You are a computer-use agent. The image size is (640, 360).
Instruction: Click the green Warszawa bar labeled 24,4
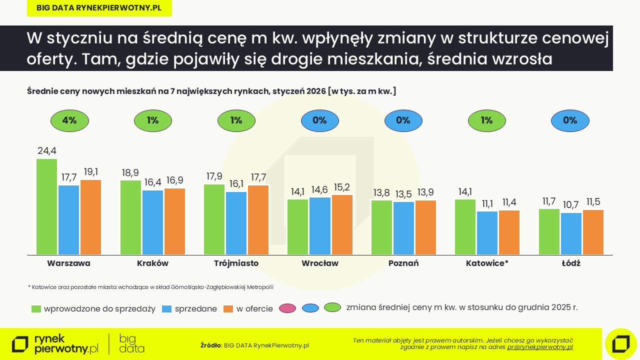(46, 207)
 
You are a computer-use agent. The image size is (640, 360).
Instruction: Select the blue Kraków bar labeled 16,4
(153, 222)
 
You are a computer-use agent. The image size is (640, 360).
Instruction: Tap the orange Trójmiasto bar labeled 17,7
(258, 220)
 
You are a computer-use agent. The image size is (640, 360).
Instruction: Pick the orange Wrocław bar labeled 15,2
(342, 225)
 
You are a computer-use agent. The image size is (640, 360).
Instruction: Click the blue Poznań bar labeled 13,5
(403, 228)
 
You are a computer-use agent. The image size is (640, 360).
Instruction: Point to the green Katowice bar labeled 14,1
(465, 227)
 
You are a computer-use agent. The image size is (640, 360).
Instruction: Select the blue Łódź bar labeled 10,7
(571, 233)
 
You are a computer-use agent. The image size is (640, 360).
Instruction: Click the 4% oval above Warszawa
(69, 120)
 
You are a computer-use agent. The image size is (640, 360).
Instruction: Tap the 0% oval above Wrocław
(319, 120)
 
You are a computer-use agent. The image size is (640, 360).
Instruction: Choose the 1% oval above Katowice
(486, 120)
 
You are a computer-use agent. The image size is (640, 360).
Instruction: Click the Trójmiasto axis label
(236, 263)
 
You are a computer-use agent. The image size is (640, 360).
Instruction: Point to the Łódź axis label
(570, 263)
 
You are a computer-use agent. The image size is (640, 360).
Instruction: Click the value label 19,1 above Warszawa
(90, 172)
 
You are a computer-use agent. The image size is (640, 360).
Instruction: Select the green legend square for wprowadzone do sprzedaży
(36, 308)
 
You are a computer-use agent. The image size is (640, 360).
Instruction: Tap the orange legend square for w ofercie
(228, 308)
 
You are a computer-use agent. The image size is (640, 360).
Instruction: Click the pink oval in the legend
(287, 308)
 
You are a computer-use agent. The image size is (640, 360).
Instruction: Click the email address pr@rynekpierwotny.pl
(540, 346)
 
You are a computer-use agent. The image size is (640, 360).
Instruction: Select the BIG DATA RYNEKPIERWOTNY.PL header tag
(99, 8)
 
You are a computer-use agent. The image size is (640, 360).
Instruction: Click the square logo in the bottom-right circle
(620, 344)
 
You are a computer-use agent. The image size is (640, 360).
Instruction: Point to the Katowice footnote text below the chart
(150, 287)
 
